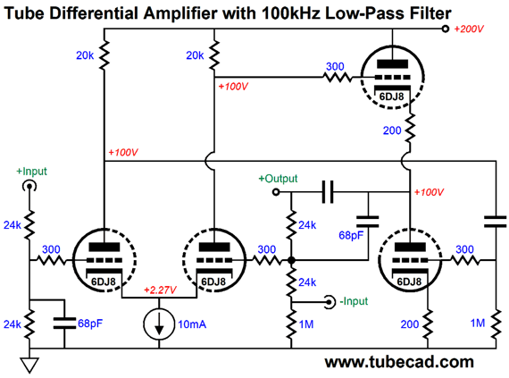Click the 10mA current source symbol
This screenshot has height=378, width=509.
tap(159, 323)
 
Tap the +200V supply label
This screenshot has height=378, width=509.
tap(469, 29)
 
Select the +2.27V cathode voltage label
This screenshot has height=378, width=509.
tap(160, 290)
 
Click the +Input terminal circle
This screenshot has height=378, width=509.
tap(29, 187)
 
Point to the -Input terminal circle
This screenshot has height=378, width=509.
tap(330, 302)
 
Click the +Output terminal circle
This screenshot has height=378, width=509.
tap(276, 192)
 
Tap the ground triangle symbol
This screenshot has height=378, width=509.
tap(29, 365)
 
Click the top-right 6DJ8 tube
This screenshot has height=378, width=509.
tap(392, 77)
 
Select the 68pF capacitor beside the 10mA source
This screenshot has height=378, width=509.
tap(64, 323)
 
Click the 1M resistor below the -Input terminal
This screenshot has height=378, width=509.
tap(291, 324)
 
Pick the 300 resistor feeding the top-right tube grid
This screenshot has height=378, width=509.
tap(338, 77)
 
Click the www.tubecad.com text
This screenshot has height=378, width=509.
tap(399, 362)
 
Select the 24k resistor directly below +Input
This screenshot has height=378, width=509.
tap(29, 224)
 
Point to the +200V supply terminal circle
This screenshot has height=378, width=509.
tap(446, 29)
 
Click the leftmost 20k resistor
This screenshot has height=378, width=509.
tap(104, 55)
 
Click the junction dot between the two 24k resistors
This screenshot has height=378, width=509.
tap(291, 260)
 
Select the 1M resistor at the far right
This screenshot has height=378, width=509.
tap(496, 324)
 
